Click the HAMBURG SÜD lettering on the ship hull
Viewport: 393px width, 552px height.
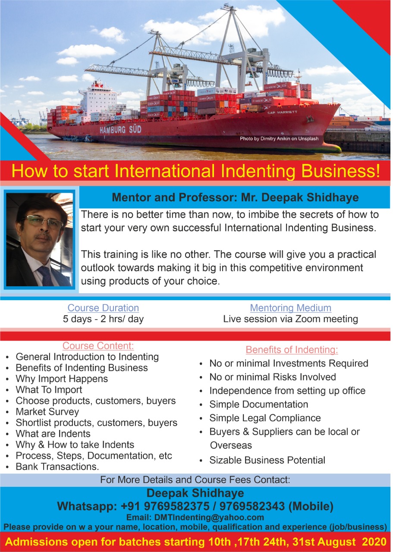(x=120, y=130)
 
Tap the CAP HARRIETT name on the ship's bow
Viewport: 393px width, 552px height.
(x=282, y=112)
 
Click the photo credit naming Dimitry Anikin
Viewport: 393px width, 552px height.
(x=279, y=138)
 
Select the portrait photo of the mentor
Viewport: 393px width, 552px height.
(x=39, y=239)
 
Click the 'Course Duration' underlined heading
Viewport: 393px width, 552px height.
(x=103, y=308)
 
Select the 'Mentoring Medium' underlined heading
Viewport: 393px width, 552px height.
(x=290, y=308)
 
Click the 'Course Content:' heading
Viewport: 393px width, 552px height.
(x=98, y=346)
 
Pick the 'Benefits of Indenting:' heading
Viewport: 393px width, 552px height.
(x=292, y=350)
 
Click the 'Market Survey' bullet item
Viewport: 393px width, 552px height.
(x=47, y=412)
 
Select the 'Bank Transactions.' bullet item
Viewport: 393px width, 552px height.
(x=57, y=467)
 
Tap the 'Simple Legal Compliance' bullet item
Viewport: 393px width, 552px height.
(x=265, y=418)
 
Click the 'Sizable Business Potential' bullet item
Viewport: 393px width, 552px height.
(x=267, y=460)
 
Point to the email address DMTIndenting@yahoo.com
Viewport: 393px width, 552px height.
(x=209, y=517)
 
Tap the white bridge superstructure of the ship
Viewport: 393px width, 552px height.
(x=98, y=101)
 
